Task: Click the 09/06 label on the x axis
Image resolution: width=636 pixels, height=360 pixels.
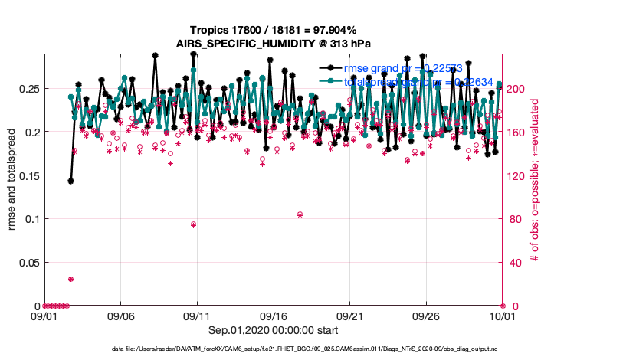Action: [x=120, y=316]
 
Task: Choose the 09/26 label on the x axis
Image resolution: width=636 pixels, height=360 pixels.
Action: [x=426, y=316]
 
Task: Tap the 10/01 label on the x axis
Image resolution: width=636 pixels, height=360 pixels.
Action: [x=503, y=316]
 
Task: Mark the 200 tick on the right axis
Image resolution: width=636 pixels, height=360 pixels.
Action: [x=517, y=89]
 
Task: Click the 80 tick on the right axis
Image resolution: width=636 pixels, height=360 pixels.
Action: [x=514, y=219]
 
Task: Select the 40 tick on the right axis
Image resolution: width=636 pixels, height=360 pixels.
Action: [x=514, y=263]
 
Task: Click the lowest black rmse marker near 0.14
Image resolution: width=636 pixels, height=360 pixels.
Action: [x=70, y=182]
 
